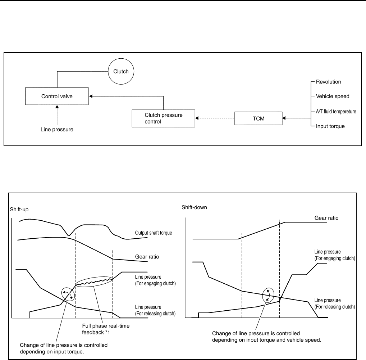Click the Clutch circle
121,71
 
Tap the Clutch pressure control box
163,118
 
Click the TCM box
259,118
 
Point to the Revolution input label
328,82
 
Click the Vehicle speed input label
332,96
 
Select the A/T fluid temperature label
336,112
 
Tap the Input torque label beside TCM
330,126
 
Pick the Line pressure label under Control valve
56,130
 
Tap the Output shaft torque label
154,233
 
